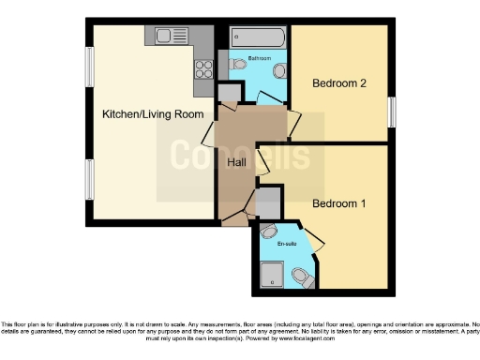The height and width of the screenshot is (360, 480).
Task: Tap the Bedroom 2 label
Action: click(338, 83)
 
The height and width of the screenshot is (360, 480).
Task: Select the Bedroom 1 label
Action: click(338, 203)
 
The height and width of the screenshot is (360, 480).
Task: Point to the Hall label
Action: click(238, 162)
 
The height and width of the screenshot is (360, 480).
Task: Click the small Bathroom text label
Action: click(260, 58)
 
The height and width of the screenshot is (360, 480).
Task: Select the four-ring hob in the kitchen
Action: click(202, 69)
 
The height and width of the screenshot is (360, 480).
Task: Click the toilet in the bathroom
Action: click(240, 64)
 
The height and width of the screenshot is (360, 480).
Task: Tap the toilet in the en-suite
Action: click(302, 277)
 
